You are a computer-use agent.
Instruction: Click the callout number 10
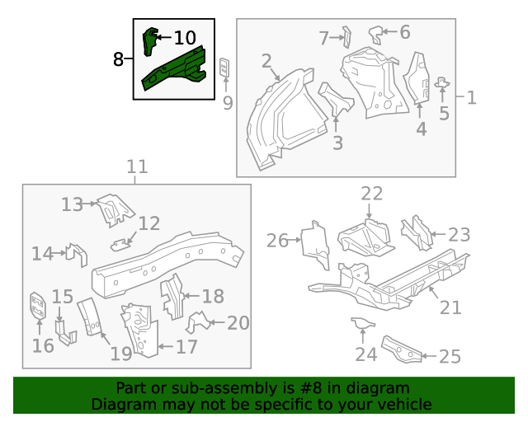185,37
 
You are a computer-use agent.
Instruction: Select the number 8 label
119,59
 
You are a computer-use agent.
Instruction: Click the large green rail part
175,69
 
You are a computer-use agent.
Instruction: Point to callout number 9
228,102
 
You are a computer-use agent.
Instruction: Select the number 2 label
266,61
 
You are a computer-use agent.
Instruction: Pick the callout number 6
404,32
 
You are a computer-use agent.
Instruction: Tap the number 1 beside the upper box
471,98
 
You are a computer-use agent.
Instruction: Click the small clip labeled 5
442,82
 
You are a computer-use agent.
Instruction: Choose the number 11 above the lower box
137,167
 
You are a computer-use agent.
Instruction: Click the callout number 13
73,204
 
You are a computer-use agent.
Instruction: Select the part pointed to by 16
37,307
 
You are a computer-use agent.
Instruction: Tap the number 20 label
238,323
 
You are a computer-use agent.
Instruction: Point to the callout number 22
372,194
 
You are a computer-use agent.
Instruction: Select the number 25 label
450,356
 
